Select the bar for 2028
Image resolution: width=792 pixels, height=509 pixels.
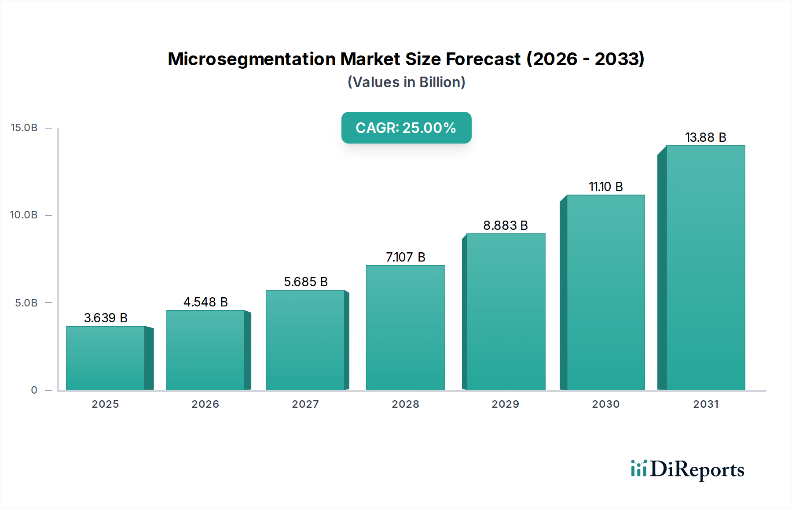tap(405, 328)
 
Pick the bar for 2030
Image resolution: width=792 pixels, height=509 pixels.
tap(605, 292)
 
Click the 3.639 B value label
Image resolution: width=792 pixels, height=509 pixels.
tap(106, 318)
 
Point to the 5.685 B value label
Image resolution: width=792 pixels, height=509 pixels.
tap(306, 282)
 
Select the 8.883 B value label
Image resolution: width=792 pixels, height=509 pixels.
tap(505, 225)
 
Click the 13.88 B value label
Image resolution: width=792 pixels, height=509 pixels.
tap(705, 137)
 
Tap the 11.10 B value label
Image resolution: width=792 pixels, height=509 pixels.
tap(605, 187)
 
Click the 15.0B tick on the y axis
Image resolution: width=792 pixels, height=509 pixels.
tap(24, 128)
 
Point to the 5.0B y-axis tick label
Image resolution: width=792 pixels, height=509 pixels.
tap(26, 303)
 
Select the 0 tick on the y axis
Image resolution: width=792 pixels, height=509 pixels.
tap(34, 390)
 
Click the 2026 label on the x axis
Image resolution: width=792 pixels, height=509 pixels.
tap(205, 404)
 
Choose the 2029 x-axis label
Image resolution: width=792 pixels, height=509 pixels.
tap(505, 404)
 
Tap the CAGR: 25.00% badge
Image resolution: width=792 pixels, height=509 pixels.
tap(406, 128)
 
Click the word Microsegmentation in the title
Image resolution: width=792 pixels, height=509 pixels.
tap(252, 59)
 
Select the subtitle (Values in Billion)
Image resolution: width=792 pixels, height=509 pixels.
tap(406, 82)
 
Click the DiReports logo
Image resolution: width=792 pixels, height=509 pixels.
tap(687, 469)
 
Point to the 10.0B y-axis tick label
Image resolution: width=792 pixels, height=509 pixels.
tap(24, 215)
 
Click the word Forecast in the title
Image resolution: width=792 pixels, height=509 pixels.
tap(483, 59)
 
